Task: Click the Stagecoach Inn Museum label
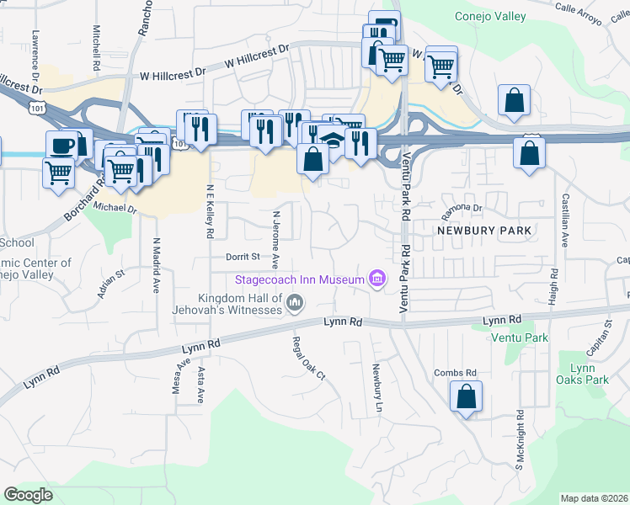point(299,279)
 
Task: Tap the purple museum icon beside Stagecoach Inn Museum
point(376,279)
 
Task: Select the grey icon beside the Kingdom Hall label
point(295,303)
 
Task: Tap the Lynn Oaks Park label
point(589,374)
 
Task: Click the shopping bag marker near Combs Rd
point(466,396)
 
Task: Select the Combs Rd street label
point(456,372)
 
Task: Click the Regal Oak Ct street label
point(307,359)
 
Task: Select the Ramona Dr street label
point(464,207)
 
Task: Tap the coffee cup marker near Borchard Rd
point(61,145)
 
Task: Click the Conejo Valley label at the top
point(490,16)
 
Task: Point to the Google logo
point(28,495)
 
